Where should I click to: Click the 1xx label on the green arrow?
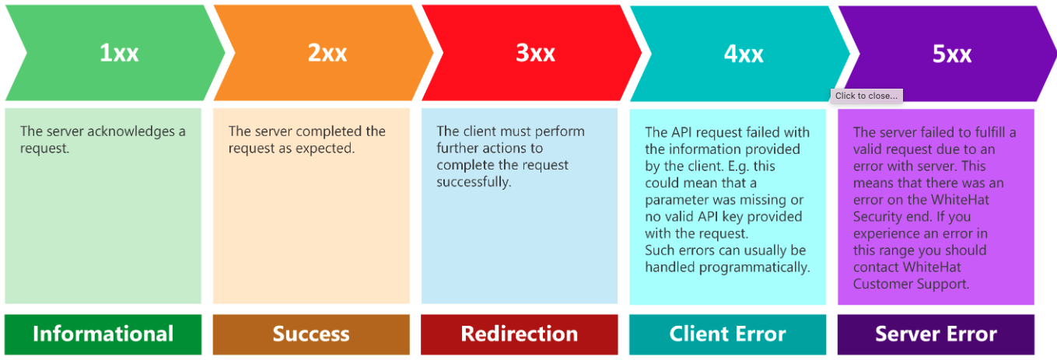119,52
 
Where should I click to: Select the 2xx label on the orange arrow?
327,52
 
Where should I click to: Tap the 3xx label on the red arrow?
536,52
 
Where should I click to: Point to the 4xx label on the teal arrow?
744,54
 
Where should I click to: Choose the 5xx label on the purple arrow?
952,54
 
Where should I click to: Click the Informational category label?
103,334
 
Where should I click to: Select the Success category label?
311,334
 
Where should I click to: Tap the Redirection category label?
519,334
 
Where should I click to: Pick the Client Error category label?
728,334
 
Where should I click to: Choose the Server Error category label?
936,334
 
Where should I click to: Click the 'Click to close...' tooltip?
866,96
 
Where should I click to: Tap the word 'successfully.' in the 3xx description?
474,182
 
